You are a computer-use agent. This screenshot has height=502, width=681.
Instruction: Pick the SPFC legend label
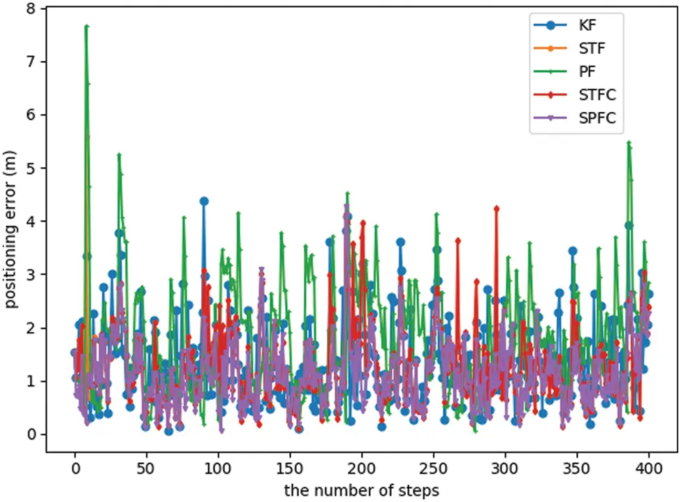click(x=596, y=119)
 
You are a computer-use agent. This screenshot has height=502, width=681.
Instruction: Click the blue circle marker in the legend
click(x=551, y=26)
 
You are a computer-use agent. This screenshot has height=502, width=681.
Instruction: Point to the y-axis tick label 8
click(x=31, y=8)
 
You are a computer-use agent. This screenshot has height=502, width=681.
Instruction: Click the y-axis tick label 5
click(x=31, y=168)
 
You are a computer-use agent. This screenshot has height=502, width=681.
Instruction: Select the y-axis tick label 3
click(x=31, y=275)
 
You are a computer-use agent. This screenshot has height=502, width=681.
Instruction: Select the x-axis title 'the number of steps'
click(x=362, y=491)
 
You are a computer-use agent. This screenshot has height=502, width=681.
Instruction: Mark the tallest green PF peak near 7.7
click(x=86, y=26)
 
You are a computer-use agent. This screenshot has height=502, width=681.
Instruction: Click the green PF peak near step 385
click(x=629, y=142)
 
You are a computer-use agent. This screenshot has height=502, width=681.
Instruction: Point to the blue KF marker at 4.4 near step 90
click(x=204, y=201)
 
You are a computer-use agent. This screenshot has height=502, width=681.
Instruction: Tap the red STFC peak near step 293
click(x=496, y=208)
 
